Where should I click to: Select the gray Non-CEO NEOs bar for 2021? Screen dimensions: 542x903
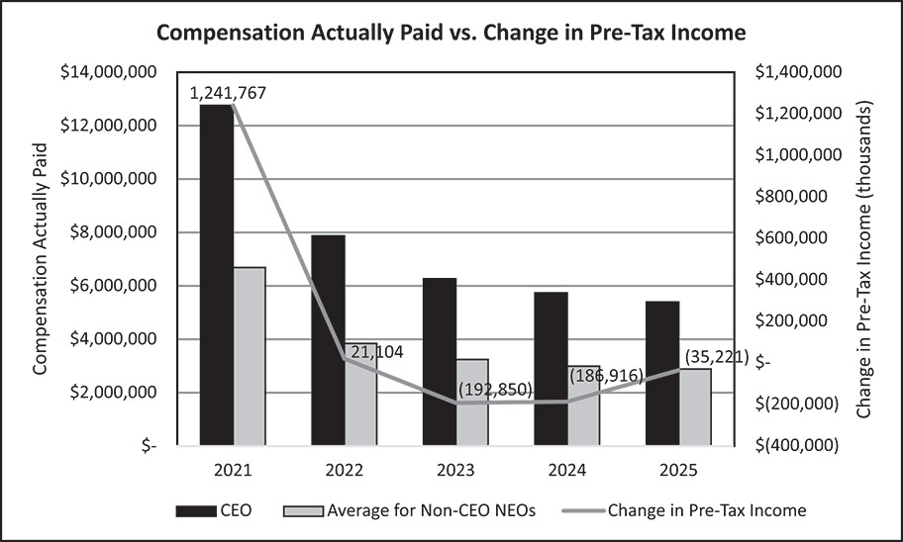tap(250, 356)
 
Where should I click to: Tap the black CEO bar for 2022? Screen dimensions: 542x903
tap(329, 340)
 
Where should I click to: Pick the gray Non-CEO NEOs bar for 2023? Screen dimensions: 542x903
tap(472, 402)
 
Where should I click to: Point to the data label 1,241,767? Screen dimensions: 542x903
tap(229, 93)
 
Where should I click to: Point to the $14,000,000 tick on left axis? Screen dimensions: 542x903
tap(110, 72)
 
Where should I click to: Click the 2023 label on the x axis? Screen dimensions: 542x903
tap(456, 469)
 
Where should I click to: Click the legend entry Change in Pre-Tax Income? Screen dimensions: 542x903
tap(706, 510)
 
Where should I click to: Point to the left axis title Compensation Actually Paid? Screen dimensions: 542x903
tap(41, 257)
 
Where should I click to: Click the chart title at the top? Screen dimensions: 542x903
tap(451, 32)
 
